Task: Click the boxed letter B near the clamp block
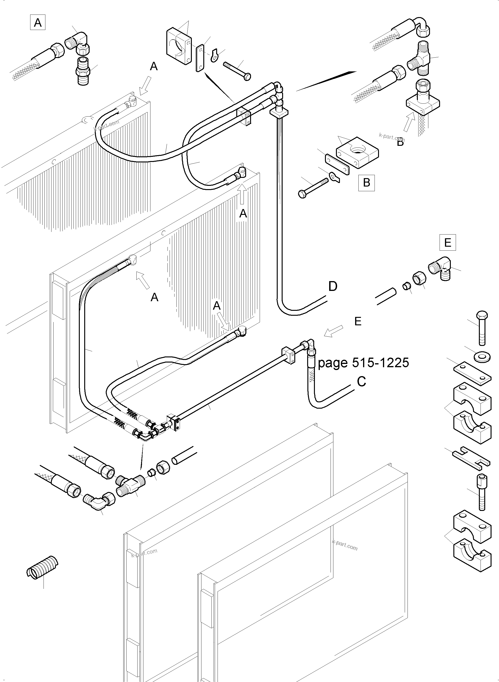(x=366, y=183)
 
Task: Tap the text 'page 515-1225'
(x=363, y=363)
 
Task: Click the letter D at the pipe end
(x=333, y=286)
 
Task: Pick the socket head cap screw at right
(x=482, y=492)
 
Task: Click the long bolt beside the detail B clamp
(x=313, y=187)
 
